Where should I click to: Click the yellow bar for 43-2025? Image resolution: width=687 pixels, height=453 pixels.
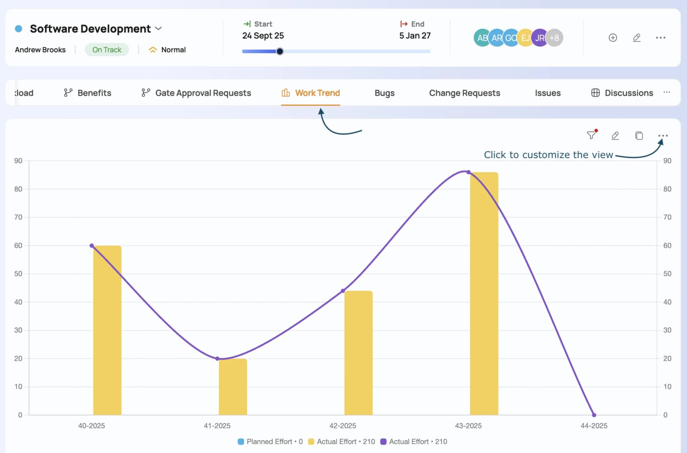coord(484,294)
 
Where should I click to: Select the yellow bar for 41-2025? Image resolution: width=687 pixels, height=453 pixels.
coord(233,387)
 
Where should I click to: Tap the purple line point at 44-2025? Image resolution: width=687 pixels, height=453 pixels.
coord(594,415)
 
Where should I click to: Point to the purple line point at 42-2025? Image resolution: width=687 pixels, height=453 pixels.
coord(343,291)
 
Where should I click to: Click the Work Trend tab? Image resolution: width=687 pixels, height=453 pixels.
coord(310,93)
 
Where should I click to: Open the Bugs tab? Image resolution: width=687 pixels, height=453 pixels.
coord(384,93)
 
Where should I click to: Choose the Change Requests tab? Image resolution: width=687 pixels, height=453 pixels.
coord(464,93)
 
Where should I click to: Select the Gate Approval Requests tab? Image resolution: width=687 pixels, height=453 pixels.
coord(196,93)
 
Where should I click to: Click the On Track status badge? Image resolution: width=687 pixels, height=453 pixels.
coord(107,50)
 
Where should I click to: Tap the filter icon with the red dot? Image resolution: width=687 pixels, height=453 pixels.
coord(592,135)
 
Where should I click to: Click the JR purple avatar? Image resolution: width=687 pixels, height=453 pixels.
coord(540,38)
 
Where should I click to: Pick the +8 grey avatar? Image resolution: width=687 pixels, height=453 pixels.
coord(554,38)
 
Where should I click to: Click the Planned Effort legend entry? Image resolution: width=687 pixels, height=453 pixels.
coord(270,441)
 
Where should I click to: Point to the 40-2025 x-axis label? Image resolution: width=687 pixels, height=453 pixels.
coord(91,426)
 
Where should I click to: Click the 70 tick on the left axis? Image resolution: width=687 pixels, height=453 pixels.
coord(18,217)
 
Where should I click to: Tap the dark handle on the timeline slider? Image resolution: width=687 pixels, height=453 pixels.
coord(280,51)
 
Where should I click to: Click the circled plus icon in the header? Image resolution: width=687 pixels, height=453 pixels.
coord(613,37)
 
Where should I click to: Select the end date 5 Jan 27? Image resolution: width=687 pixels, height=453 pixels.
coord(415,36)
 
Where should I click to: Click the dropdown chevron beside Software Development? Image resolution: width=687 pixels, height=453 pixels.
coord(158,28)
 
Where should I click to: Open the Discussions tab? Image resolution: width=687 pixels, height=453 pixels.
coord(622,93)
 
